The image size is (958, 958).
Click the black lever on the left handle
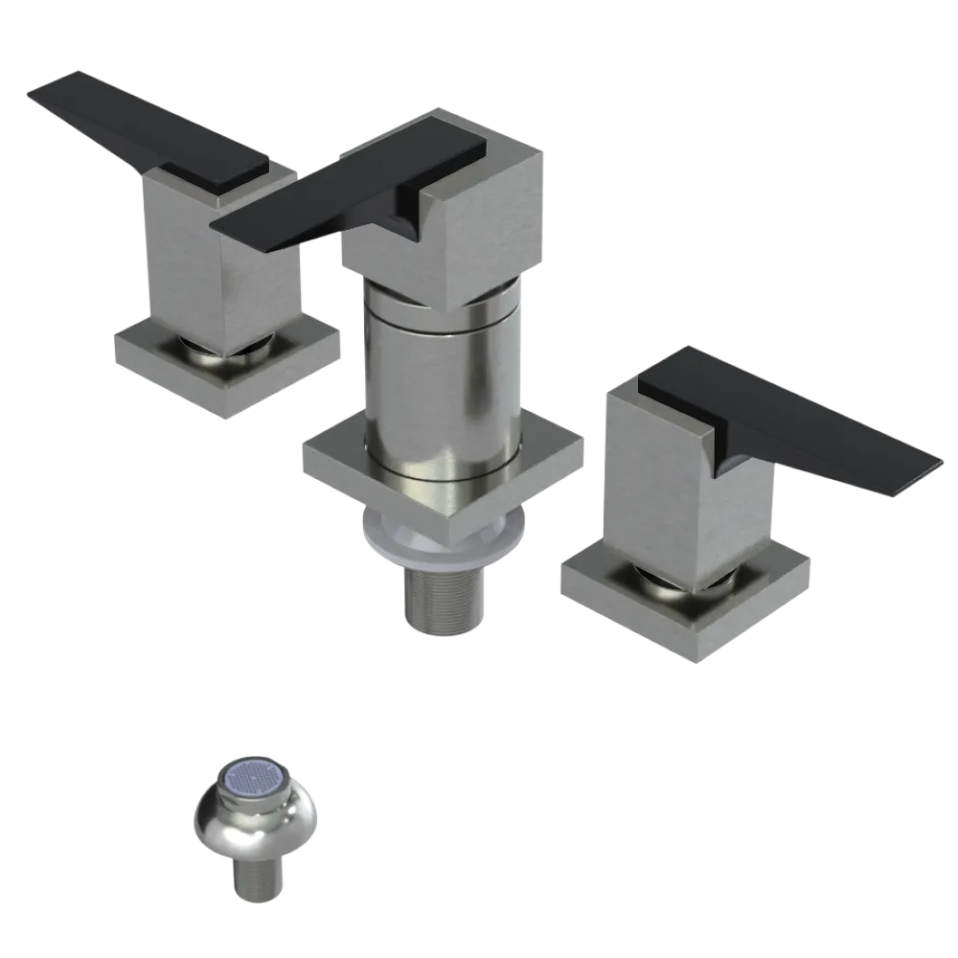[144, 125]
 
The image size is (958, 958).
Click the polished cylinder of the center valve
[441, 383]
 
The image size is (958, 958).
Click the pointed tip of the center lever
[218, 225]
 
